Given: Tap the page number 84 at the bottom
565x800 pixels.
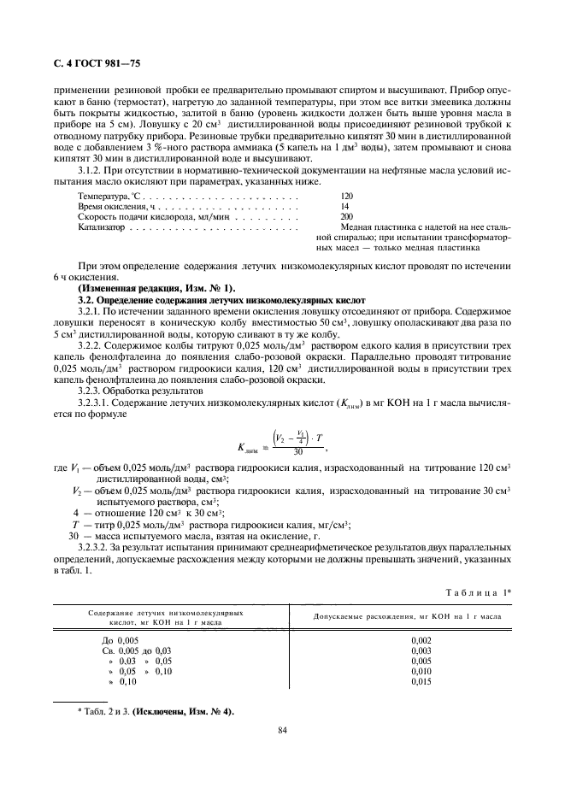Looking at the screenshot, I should [282, 729].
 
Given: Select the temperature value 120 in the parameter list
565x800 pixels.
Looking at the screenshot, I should [346, 196].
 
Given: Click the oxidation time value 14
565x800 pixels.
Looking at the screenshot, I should [344, 207].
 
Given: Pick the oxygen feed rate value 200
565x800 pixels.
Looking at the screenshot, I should [346, 217].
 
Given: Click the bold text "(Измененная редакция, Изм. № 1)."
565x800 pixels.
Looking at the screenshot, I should [156, 289].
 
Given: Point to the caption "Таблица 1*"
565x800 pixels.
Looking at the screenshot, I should [480, 593].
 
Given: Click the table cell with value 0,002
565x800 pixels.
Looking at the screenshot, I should [421, 640].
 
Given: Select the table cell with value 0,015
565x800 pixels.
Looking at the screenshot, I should [421, 681].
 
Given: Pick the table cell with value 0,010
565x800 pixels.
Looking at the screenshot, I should [421, 671].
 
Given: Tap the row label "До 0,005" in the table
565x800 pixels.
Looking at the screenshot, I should [120, 640].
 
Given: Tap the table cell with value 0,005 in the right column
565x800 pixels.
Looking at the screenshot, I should [421, 661].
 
